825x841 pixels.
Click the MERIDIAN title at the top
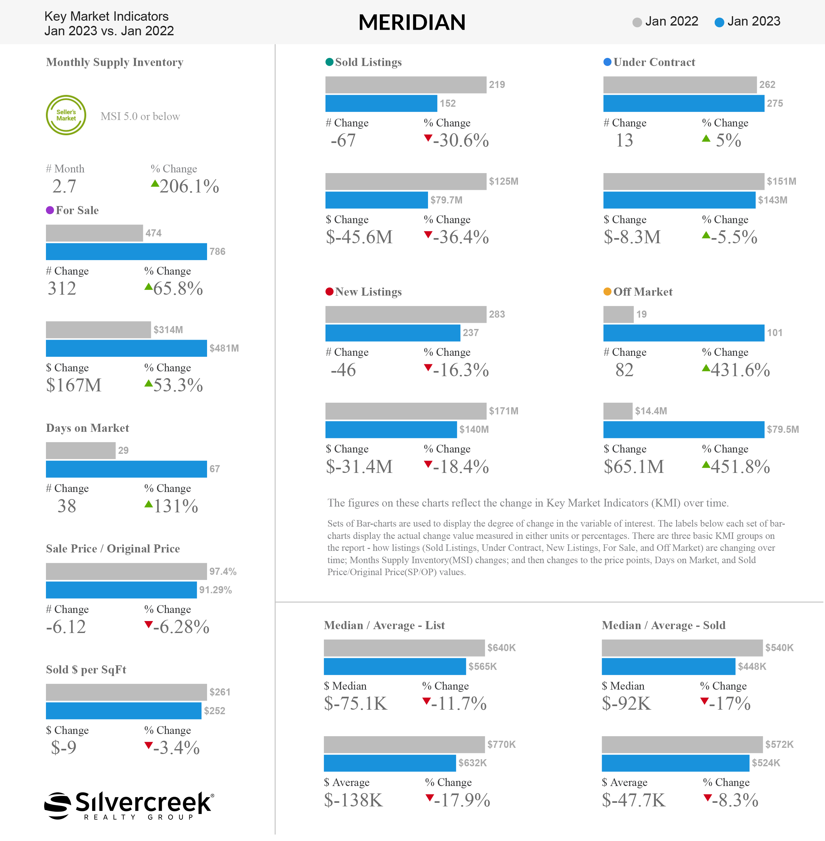coord(412,22)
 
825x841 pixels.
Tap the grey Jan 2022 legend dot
coord(637,22)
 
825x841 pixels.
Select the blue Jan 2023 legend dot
coord(719,22)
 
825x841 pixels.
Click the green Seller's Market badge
coord(66,115)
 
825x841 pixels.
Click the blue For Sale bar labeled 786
coord(126,251)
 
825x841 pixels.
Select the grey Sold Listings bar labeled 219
coord(406,84)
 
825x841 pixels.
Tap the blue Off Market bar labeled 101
coord(684,333)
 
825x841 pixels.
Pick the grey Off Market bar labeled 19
coord(618,314)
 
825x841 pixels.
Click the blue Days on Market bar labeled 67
coord(126,469)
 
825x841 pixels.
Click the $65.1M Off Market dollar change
coord(634,467)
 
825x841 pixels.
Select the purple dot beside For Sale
coord(50,210)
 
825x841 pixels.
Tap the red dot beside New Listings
coord(329,291)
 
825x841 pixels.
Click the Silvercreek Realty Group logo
coord(129,805)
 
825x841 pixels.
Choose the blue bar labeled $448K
coord(669,666)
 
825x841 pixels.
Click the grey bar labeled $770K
coord(404,744)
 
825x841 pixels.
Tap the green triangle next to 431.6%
coord(706,368)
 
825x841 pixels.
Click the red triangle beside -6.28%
coord(148,624)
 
